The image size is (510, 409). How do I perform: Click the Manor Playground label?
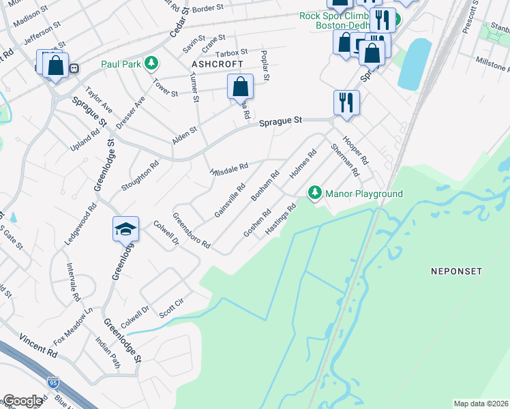(363, 194)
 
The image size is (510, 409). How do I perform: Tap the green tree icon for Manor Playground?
(315, 194)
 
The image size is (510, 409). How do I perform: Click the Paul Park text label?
(121, 64)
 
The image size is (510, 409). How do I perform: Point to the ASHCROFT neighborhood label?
(217, 63)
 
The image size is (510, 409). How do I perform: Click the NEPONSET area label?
(456, 271)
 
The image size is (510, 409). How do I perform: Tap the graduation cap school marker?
(126, 229)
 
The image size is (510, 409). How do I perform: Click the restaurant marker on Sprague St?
(346, 102)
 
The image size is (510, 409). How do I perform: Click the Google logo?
(22, 402)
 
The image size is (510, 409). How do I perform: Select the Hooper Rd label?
(355, 150)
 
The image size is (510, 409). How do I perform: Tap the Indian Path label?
(108, 352)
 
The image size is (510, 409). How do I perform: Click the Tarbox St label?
(231, 52)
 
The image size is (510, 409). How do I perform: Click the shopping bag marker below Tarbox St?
(240, 87)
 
